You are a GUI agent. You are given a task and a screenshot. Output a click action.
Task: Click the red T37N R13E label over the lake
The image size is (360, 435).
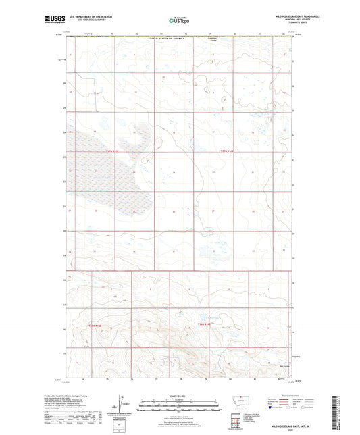(x=116, y=151)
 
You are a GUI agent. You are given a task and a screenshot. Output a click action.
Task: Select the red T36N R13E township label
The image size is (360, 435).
(x=99, y=325)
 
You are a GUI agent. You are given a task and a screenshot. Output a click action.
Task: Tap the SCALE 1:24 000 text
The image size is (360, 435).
(x=180, y=396)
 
